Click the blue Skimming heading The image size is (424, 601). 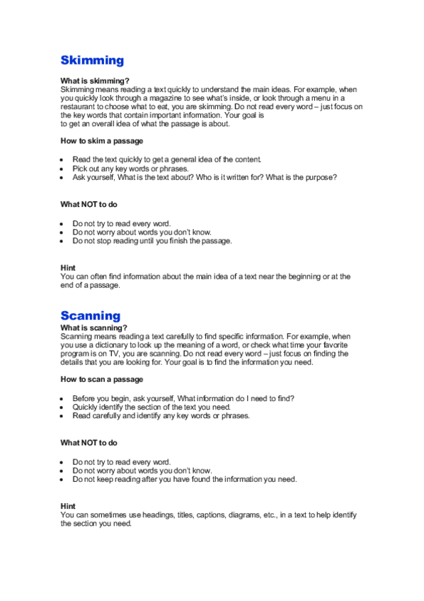[x=92, y=60]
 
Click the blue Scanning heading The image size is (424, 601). [x=91, y=315]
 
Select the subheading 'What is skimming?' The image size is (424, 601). [x=95, y=82]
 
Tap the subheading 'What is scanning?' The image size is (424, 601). [x=94, y=328]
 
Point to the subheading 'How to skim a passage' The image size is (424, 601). [x=102, y=141]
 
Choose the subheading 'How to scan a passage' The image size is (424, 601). [x=102, y=379]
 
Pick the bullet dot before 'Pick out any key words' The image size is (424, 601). [x=63, y=169]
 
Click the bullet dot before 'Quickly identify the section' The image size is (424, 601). [x=63, y=408]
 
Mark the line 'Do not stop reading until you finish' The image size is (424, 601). [x=152, y=240]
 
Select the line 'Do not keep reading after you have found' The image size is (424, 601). [x=184, y=479]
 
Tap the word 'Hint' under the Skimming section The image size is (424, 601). [x=68, y=268]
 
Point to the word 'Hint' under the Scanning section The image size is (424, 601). [x=68, y=506]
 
